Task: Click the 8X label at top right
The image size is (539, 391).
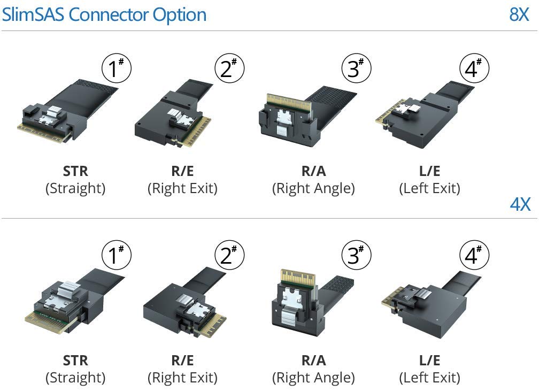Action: point(519,14)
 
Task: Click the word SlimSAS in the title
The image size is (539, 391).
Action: point(33,14)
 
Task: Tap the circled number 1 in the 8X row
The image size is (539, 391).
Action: point(117,68)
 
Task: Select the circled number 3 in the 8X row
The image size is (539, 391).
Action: point(356,68)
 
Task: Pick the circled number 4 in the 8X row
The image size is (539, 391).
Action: point(474,68)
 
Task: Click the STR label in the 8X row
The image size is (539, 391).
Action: point(75,171)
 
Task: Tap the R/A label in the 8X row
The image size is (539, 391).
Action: point(313,171)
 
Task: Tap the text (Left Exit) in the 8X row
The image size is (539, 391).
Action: point(429,189)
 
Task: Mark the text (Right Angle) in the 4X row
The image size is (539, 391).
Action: point(313,378)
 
